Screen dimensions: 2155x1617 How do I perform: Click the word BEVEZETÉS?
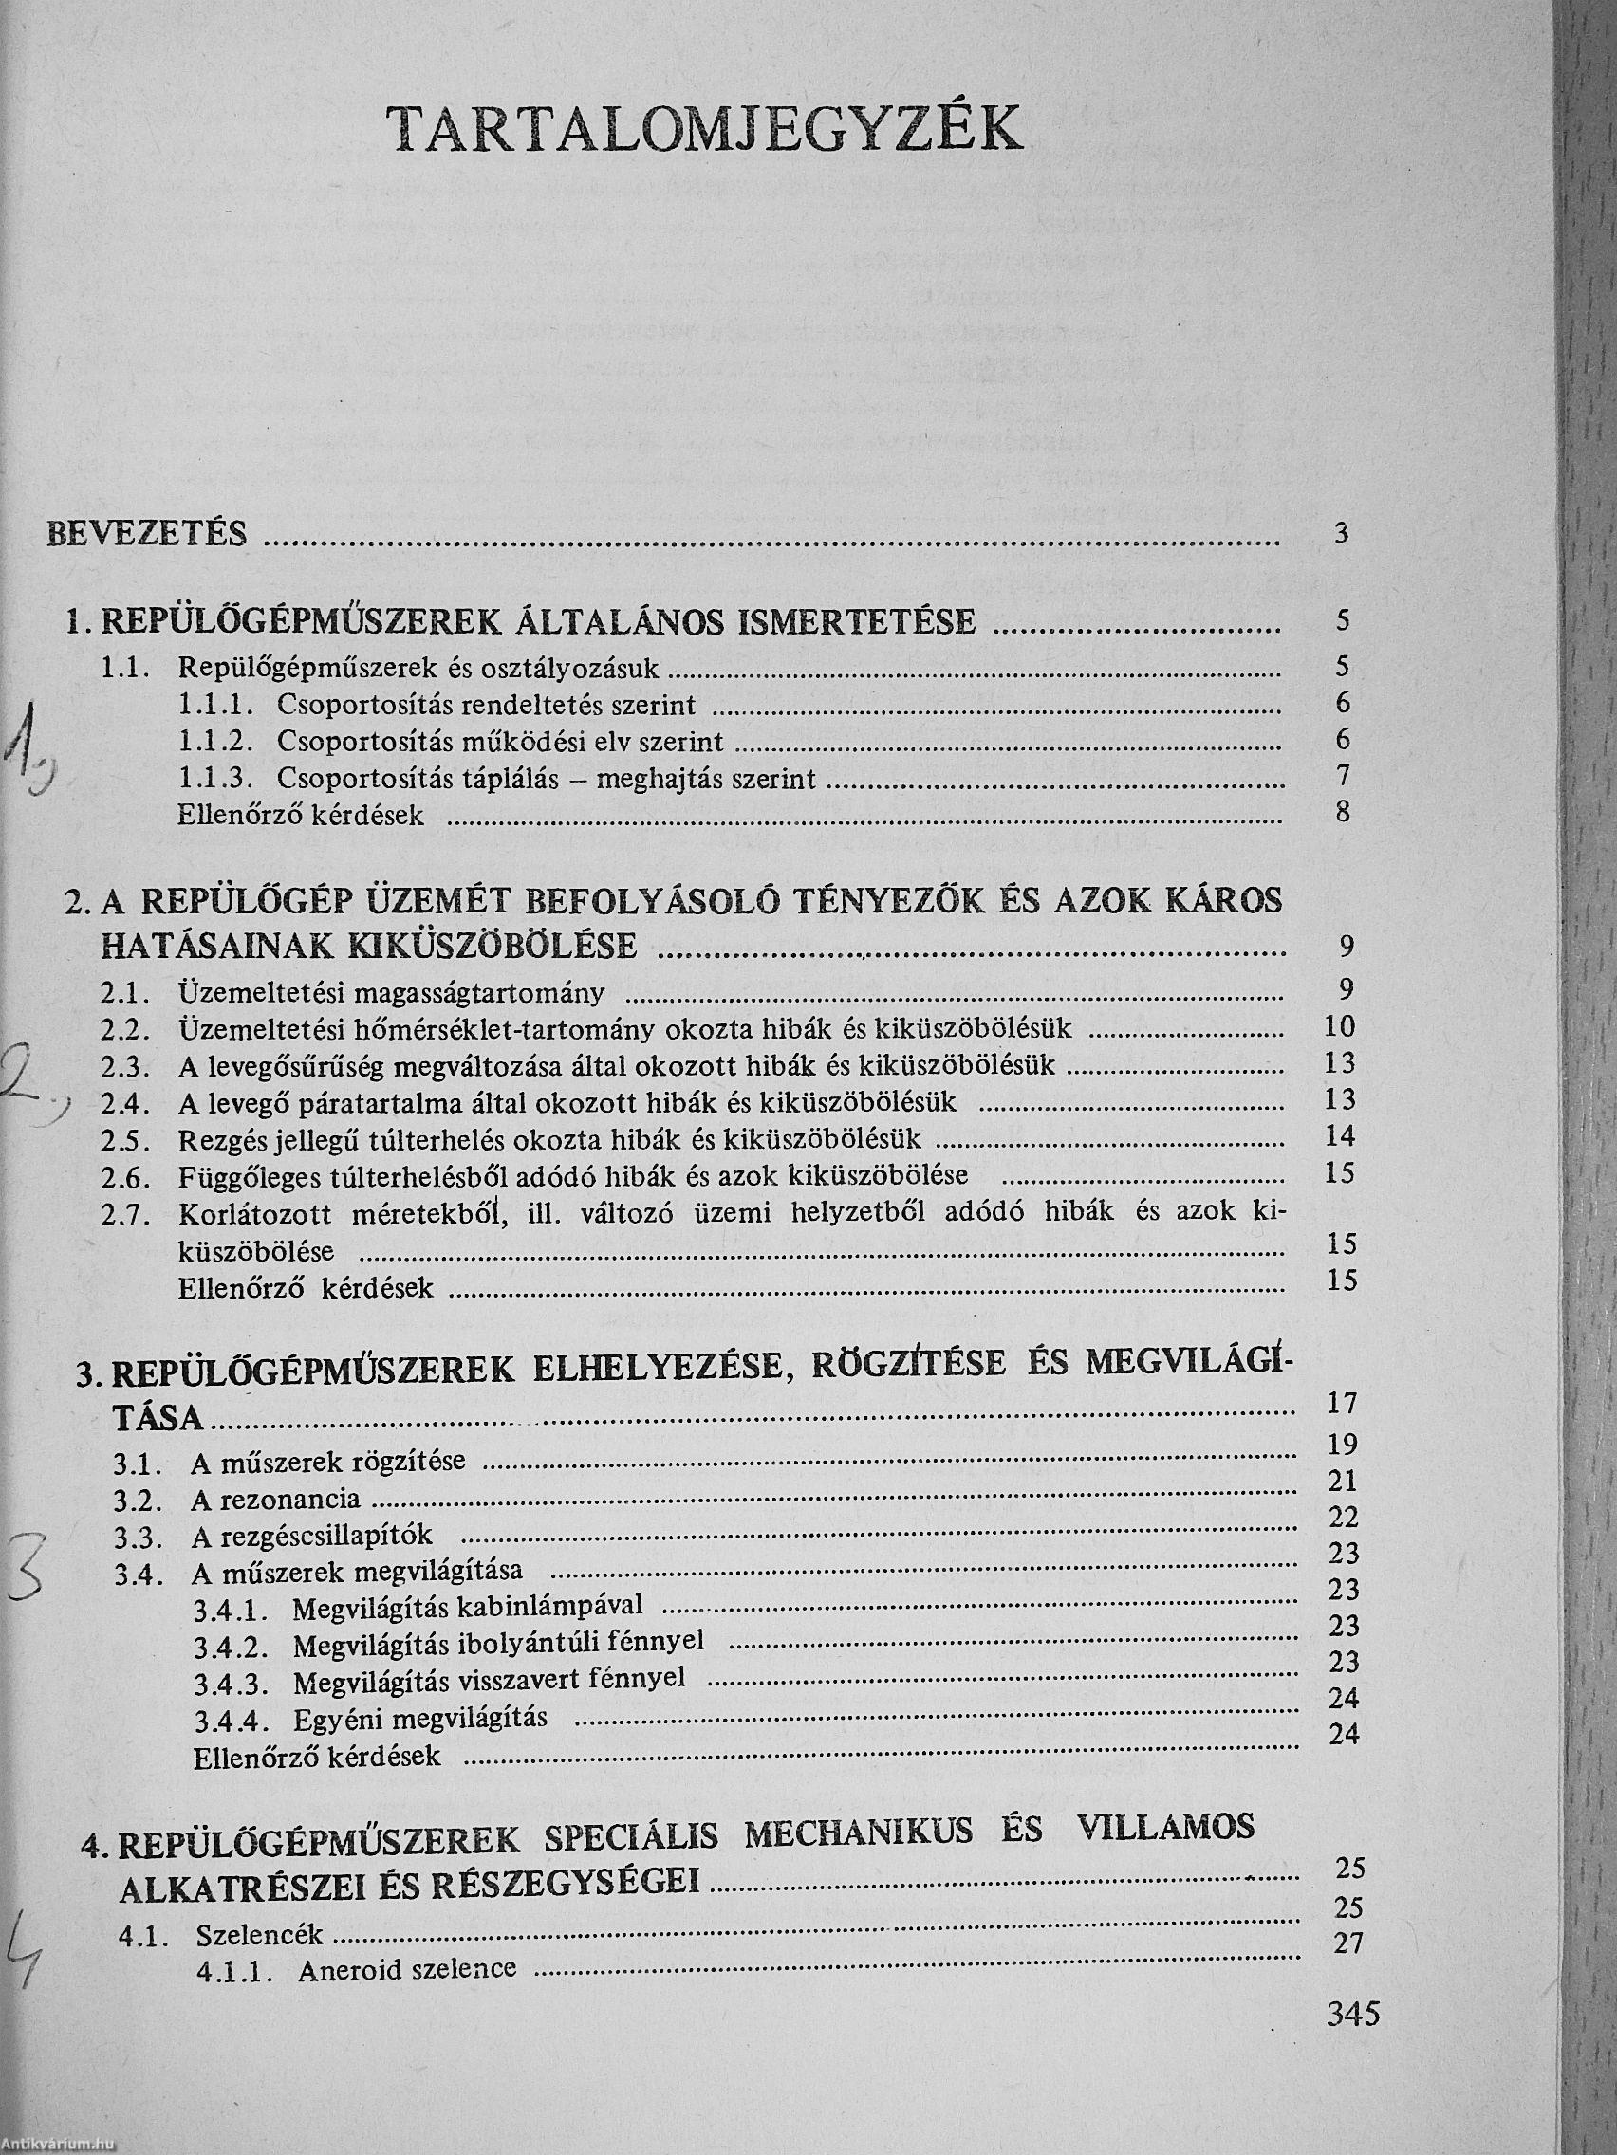click(147, 535)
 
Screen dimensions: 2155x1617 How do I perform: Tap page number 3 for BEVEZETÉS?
click(1343, 533)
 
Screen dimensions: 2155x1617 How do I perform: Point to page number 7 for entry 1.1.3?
click(1344, 776)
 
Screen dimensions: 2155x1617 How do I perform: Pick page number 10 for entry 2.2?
click(1340, 1026)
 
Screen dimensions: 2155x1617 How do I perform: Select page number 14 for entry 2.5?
click(1340, 1135)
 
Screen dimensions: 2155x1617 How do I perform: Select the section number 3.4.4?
click(225, 1719)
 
